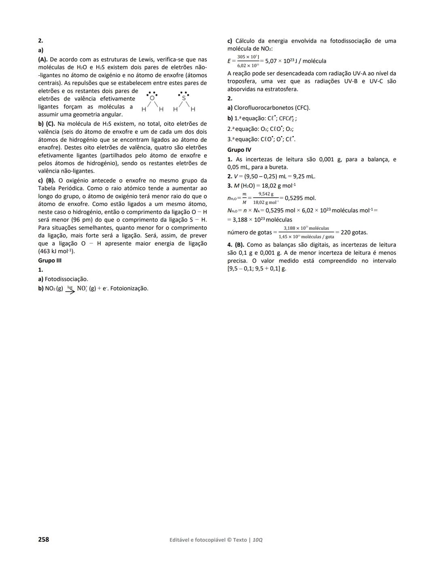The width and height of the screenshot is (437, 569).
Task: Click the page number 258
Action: pyautogui.click(x=43, y=539)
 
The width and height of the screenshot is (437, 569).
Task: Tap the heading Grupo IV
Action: pyautogui.click(x=239, y=150)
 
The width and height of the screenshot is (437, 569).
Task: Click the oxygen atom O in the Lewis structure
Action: pyautogui.click(x=152, y=98)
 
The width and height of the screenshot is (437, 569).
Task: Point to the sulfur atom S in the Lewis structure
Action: pyautogui.click(x=184, y=98)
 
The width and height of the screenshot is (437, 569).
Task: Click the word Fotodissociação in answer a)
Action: pyautogui.click(x=66, y=279)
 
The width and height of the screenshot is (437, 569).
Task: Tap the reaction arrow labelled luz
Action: pyautogui.click(x=70, y=290)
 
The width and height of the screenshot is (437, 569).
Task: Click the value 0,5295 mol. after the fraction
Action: pyautogui.click(x=300, y=198)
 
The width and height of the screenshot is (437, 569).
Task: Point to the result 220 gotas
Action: pyautogui.click(x=354, y=232)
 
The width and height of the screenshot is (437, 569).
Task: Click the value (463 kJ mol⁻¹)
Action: pyautogui.click(x=56, y=251)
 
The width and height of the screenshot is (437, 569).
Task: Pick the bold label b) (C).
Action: pyautogui.click(x=46, y=124)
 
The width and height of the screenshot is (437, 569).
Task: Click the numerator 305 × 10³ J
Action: pyautogui.click(x=248, y=57)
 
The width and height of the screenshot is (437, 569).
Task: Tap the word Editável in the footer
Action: pyautogui.click(x=182, y=540)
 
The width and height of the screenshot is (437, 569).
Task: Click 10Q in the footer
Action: pyautogui.click(x=257, y=540)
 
